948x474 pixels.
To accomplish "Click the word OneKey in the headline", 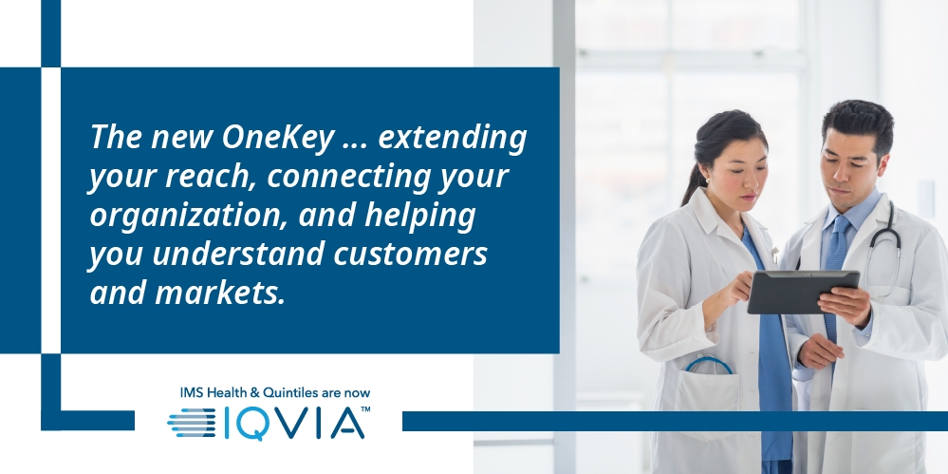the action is (277, 137).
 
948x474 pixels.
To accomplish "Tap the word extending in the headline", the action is (453, 138).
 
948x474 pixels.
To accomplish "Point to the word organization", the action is (188, 216).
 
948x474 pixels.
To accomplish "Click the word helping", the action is (419, 216).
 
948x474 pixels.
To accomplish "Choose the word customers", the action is (411, 255).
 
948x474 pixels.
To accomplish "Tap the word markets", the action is (220, 292).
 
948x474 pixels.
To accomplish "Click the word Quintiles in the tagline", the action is (290, 393).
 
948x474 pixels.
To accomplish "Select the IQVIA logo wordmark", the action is (294, 423).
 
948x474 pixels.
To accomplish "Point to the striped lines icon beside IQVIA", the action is (192, 423).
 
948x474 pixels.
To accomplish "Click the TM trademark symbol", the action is (365, 409).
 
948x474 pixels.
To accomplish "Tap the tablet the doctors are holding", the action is (803, 292).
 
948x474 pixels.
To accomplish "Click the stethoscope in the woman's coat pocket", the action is (709, 365).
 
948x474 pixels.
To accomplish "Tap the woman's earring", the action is (706, 180).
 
